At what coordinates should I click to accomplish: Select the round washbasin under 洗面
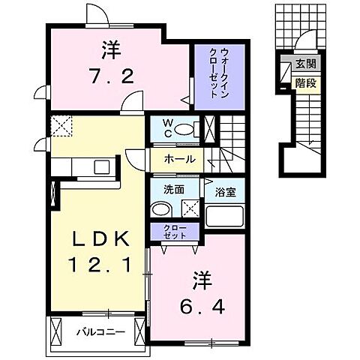160,208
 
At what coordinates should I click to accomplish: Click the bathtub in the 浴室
225,214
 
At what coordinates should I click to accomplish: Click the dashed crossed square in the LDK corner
60,125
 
